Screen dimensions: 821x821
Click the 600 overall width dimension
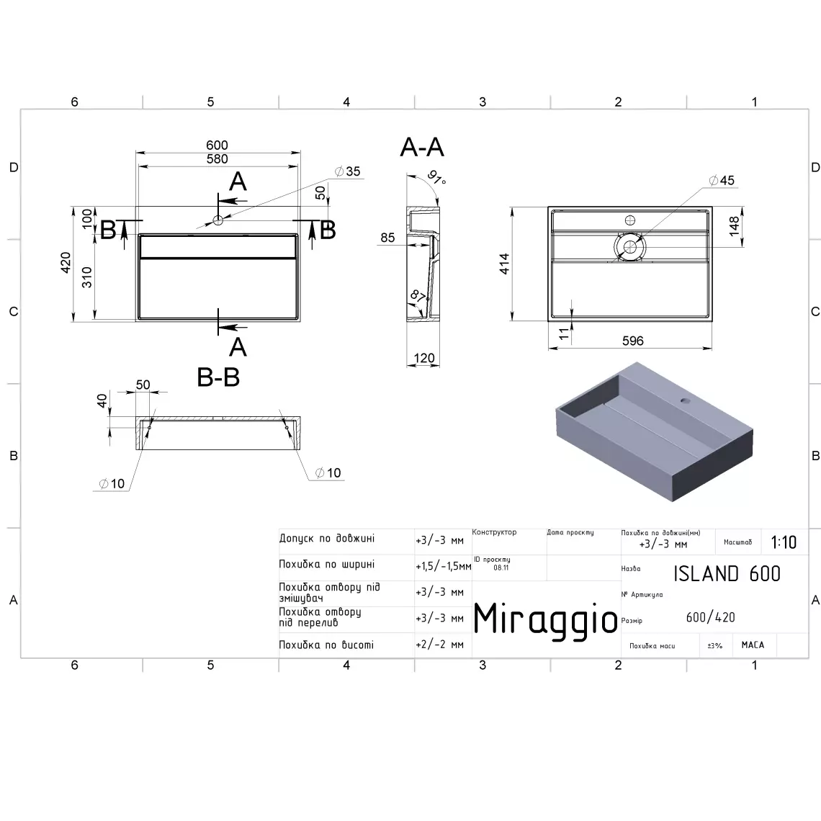coord(217,145)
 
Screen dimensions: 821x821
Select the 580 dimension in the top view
coord(217,158)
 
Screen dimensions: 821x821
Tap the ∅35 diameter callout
coord(347,171)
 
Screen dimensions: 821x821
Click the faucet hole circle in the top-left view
coord(217,220)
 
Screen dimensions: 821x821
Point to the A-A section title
coord(422,147)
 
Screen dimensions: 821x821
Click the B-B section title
coord(218,377)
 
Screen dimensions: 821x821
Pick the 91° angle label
coord(436,177)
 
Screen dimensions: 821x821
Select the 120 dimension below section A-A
coord(423,358)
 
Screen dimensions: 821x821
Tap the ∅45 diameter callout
coord(722,181)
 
